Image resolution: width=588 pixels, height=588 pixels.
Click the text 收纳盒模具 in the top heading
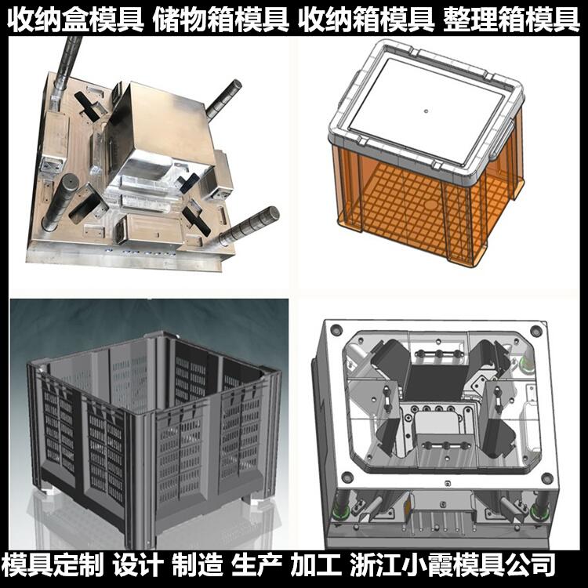coord(74,18)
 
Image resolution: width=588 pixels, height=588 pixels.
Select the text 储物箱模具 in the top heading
coord(221,18)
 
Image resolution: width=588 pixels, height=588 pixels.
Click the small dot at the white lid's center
coord(425,111)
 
